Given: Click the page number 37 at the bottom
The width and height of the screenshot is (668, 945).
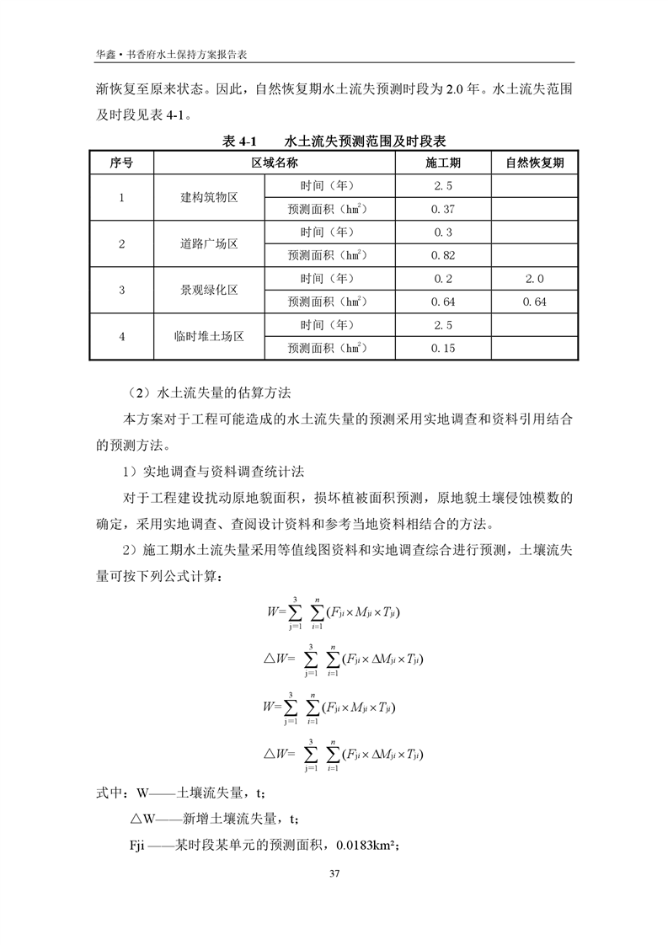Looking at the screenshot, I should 334,872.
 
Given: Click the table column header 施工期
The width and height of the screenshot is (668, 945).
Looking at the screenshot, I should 443,163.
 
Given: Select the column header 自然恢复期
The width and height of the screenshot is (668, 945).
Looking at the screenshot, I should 535,163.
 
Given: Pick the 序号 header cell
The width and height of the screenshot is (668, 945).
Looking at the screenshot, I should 121,163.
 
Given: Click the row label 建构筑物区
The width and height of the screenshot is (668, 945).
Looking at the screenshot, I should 210,198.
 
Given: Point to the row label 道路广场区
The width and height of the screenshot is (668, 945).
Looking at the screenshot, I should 210,244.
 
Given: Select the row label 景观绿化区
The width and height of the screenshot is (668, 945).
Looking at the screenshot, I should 210,290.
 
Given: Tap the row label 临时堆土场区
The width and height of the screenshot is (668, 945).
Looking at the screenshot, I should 210,336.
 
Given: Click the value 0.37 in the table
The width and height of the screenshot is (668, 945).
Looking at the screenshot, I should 443,209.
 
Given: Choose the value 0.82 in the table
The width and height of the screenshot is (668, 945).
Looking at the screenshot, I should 443,255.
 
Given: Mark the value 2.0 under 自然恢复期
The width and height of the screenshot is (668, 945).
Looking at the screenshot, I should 535,278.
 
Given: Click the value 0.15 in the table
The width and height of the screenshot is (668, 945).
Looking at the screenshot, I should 443,347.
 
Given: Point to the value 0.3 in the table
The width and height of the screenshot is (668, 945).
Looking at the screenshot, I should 443,232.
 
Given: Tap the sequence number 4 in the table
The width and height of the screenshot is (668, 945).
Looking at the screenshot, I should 121,336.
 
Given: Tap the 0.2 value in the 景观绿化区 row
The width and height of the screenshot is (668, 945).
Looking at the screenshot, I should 443,278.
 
